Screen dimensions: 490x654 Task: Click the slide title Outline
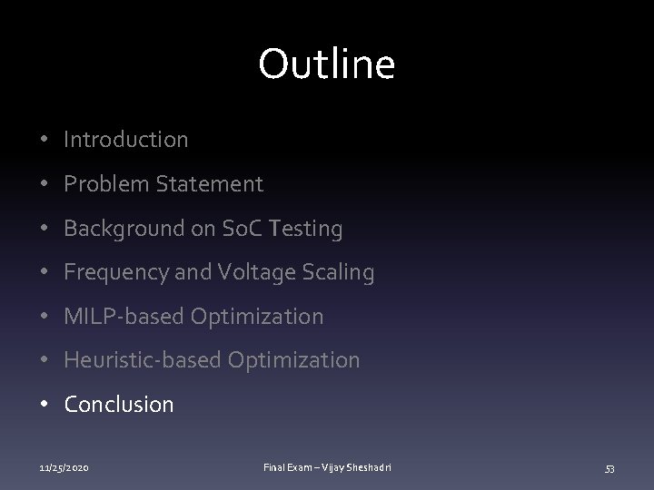(x=326, y=64)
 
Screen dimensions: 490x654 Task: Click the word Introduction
(x=126, y=140)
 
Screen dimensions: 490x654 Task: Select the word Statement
(x=208, y=184)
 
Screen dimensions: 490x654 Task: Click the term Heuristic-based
(x=143, y=360)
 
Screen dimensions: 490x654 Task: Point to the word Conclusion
(x=119, y=405)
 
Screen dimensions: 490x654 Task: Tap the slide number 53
(x=610, y=467)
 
